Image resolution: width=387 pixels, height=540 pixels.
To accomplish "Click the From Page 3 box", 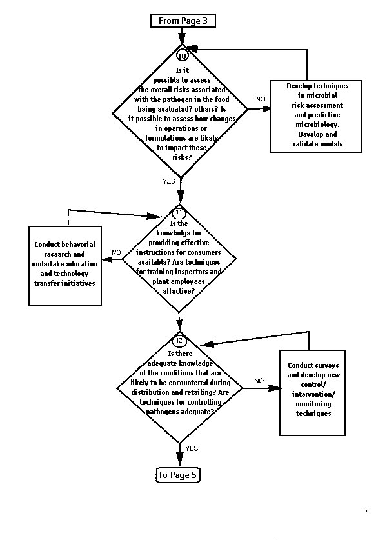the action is click(x=183, y=21).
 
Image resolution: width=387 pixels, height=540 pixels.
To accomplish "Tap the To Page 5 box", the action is click(x=177, y=475).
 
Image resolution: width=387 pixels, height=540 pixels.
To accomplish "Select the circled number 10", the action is click(x=182, y=55).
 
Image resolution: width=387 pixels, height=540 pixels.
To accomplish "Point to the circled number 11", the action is click(x=179, y=212).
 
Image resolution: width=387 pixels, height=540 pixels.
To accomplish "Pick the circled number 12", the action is click(x=179, y=341).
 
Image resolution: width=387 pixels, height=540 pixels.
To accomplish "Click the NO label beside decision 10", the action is click(x=261, y=99).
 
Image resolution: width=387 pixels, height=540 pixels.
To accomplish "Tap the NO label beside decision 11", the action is click(x=116, y=252).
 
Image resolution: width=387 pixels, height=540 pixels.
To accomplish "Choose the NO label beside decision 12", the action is click(x=259, y=381).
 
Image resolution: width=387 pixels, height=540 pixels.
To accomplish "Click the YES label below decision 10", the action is click(x=169, y=181).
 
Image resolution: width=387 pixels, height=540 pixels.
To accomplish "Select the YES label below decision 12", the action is click(x=192, y=448).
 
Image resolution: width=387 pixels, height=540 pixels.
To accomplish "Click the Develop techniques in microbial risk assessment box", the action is click(x=316, y=116).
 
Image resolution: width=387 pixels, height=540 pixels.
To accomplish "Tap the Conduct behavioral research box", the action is click(x=65, y=266).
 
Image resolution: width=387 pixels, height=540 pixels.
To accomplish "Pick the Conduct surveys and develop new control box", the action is click(x=312, y=393).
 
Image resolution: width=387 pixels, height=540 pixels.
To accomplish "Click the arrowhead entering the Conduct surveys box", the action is click(x=274, y=388).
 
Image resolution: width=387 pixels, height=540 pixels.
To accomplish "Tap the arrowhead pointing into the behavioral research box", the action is click(x=107, y=259).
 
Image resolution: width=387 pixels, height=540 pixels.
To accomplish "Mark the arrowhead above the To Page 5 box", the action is click(x=179, y=460).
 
